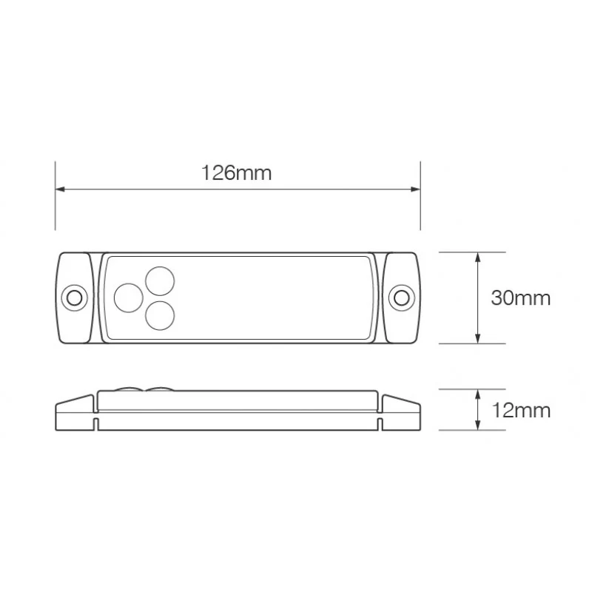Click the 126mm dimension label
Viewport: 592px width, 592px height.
[236, 173]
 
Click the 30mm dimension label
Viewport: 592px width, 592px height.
[521, 298]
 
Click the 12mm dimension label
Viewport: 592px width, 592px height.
[521, 411]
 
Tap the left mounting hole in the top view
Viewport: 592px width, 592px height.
[75, 298]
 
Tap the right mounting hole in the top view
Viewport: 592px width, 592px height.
[401, 298]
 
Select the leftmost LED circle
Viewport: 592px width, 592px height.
[129, 298]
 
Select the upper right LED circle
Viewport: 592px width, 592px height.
[160, 281]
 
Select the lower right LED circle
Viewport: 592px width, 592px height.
[160, 316]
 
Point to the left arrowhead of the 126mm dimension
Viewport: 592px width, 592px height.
[61, 189]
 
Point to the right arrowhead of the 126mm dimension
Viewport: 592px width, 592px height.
[415, 189]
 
